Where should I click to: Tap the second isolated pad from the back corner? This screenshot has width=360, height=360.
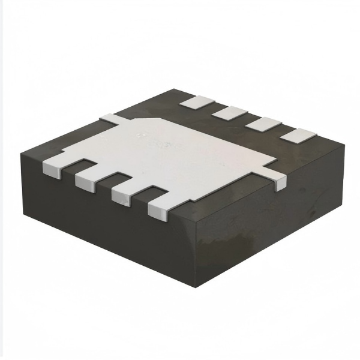(229, 112)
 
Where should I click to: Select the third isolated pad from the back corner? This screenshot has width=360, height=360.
(262, 124)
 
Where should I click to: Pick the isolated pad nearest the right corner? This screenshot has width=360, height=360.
(296, 136)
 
